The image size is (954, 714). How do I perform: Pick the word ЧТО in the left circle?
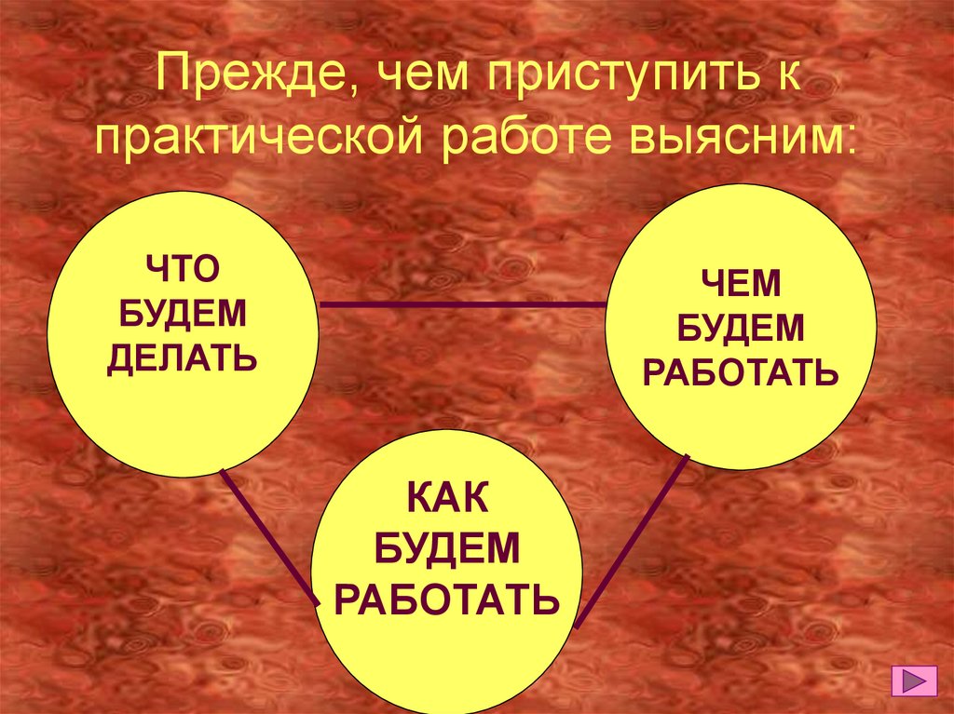[x=182, y=270]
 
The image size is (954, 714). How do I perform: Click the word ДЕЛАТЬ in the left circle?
[x=182, y=357]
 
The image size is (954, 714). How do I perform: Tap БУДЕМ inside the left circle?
[x=182, y=314]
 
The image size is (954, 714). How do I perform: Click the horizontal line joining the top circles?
[x=461, y=304]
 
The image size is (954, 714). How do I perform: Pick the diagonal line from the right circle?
[x=634, y=540]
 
